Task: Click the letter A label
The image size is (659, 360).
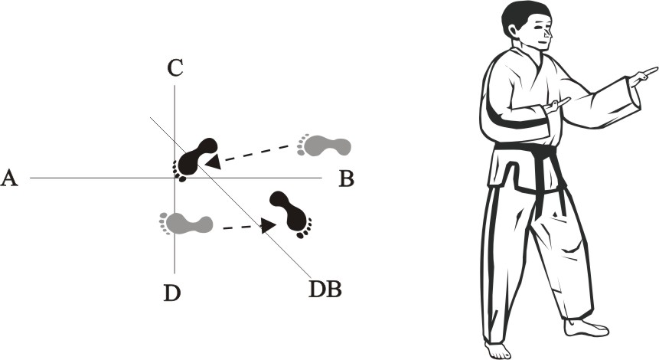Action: (x=9, y=178)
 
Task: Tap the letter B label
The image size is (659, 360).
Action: (x=346, y=179)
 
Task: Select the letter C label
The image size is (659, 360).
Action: (x=175, y=68)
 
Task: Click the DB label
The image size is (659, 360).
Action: (x=325, y=290)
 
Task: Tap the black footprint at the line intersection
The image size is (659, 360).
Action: (x=194, y=158)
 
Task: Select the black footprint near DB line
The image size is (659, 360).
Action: (x=292, y=213)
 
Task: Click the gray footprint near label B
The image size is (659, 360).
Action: (x=324, y=145)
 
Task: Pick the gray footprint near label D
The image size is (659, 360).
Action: (x=185, y=224)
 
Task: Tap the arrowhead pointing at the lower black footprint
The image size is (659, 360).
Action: (x=268, y=225)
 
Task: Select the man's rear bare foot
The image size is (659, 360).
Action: (x=498, y=349)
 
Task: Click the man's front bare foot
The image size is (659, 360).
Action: (x=586, y=328)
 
